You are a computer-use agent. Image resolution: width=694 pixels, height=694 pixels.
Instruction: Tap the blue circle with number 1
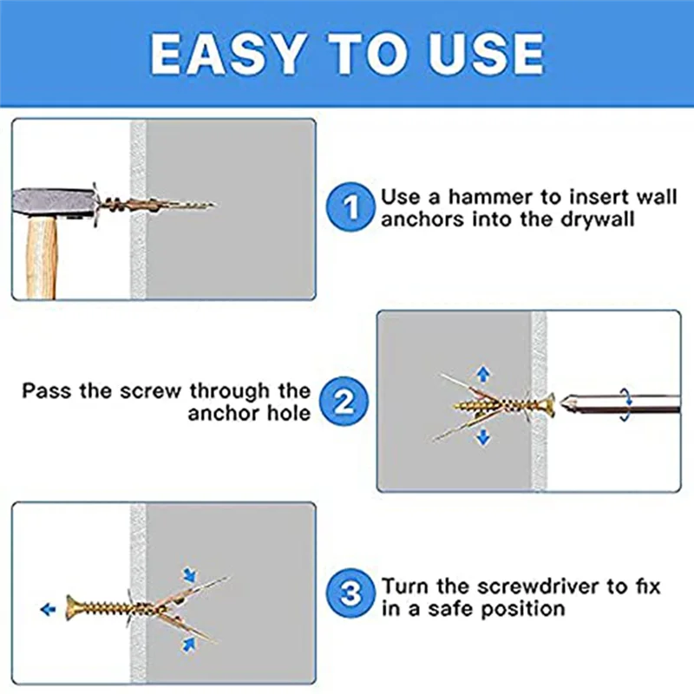tap(350, 208)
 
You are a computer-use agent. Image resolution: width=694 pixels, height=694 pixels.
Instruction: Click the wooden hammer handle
tap(42, 257)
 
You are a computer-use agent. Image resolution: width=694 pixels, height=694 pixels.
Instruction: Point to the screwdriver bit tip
tap(567, 403)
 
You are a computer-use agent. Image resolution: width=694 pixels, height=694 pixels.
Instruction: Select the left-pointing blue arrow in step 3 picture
tap(48, 609)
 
